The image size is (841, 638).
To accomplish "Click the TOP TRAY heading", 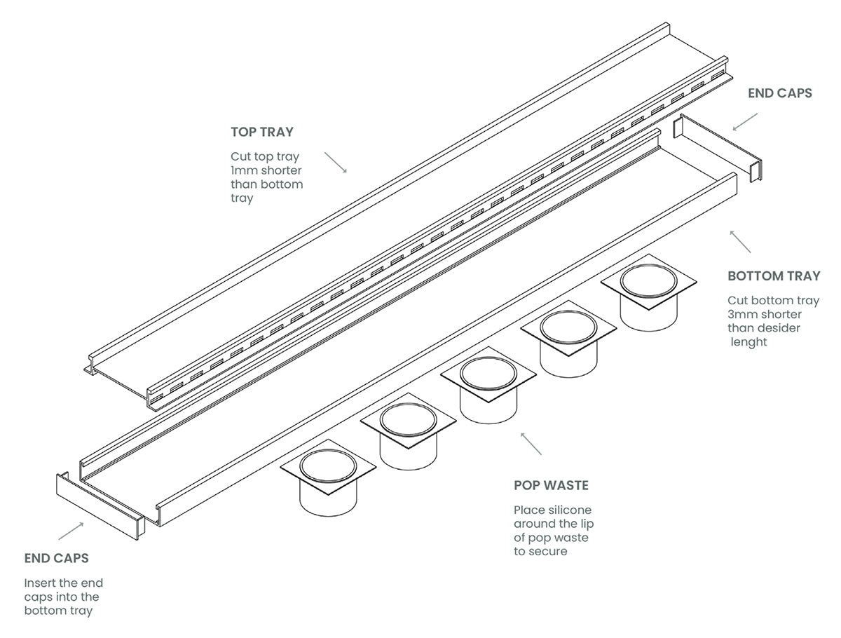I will (x=262, y=132).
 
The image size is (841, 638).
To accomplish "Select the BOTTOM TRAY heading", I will (x=773, y=276).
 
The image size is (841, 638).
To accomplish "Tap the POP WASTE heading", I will (x=551, y=485).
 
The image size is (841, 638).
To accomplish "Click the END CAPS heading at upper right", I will (x=780, y=93).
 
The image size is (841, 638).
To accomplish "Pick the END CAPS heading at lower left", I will (x=56, y=559).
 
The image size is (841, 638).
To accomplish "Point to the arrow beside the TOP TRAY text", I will (x=336, y=162).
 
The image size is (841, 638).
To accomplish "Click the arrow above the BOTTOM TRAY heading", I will (x=740, y=240).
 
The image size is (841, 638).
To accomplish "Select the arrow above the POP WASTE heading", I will (x=531, y=443).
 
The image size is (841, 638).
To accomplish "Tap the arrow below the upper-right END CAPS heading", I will (x=744, y=121).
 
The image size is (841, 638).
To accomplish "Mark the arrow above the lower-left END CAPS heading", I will (x=71, y=531).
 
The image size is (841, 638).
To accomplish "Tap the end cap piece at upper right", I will (x=718, y=149).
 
